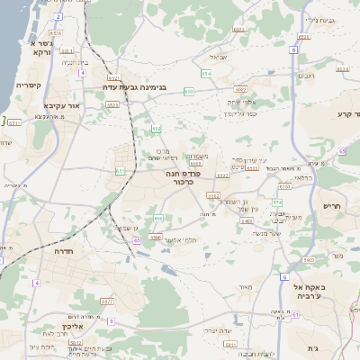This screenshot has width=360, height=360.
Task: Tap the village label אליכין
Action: pos(73,326)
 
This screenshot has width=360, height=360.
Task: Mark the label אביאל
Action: pos(229,56)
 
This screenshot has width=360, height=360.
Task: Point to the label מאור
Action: pos(245,287)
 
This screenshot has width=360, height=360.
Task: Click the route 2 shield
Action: pos(58,17)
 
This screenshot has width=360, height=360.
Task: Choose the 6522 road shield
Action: pos(240,90)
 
